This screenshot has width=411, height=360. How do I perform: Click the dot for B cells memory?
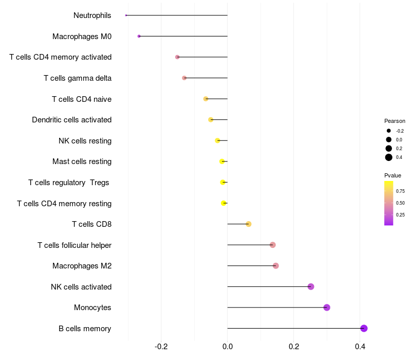[364, 329]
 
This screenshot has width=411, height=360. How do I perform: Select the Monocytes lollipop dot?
[327, 308]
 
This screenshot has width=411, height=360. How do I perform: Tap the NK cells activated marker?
[311, 286]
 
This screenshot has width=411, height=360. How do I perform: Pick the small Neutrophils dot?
[126, 15]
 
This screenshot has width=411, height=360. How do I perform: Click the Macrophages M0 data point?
[139, 36]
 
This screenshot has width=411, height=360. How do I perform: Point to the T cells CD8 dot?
[249, 224]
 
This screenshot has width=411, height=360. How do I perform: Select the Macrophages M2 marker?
[276, 266]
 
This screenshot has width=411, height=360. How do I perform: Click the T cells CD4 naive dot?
[206, 99]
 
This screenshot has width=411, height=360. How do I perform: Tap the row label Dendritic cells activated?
[71, 120]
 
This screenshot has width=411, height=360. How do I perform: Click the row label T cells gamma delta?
[78, 78]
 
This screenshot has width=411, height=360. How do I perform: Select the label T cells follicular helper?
[74, 245]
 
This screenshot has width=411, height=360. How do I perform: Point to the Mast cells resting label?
[82, 161]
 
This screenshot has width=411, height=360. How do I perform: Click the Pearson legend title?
[395, 121]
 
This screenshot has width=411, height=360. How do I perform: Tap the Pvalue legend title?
[393, 175]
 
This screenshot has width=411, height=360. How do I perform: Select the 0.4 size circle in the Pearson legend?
[389, 157]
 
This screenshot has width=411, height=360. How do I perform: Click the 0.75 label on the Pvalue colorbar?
[400, 191]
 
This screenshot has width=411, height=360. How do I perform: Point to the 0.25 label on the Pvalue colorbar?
[400, 215]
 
